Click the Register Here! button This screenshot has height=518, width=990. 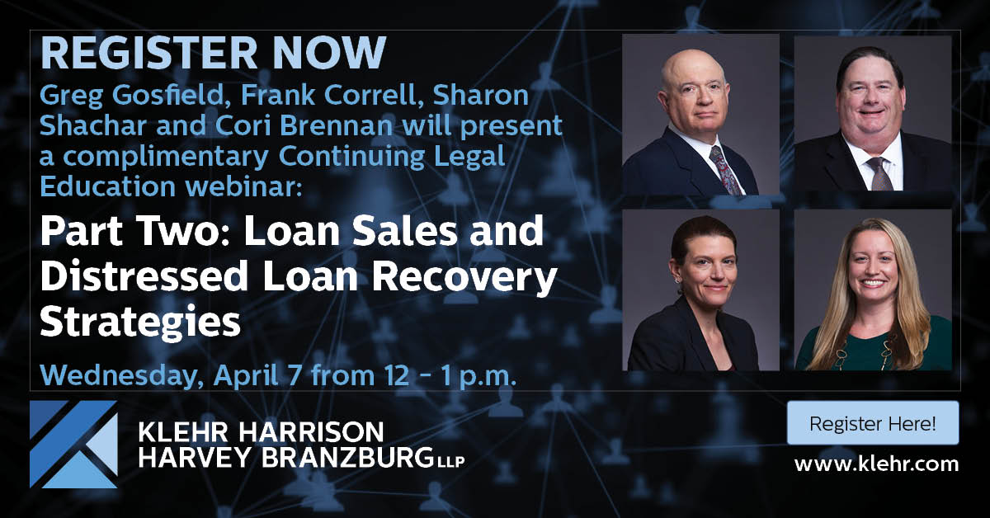tap(873, 422)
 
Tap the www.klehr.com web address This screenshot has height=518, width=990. tap(876, 464)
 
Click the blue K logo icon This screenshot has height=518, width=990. tap(73, 445)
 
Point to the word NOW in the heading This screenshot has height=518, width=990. tap(330, 53)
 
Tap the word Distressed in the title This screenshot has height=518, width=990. tap(144, 275)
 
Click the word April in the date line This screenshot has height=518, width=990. tap(246, 375)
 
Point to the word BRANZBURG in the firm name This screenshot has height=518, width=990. tap(347, 458)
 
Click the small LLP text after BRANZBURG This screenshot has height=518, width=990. tap(450, 462)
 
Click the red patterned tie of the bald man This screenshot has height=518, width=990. tap(725, 170)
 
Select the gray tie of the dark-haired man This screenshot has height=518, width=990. tap(879, 174)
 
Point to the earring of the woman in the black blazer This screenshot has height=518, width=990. tap(677, 280)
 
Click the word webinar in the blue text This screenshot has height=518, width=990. tap(244, 186)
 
